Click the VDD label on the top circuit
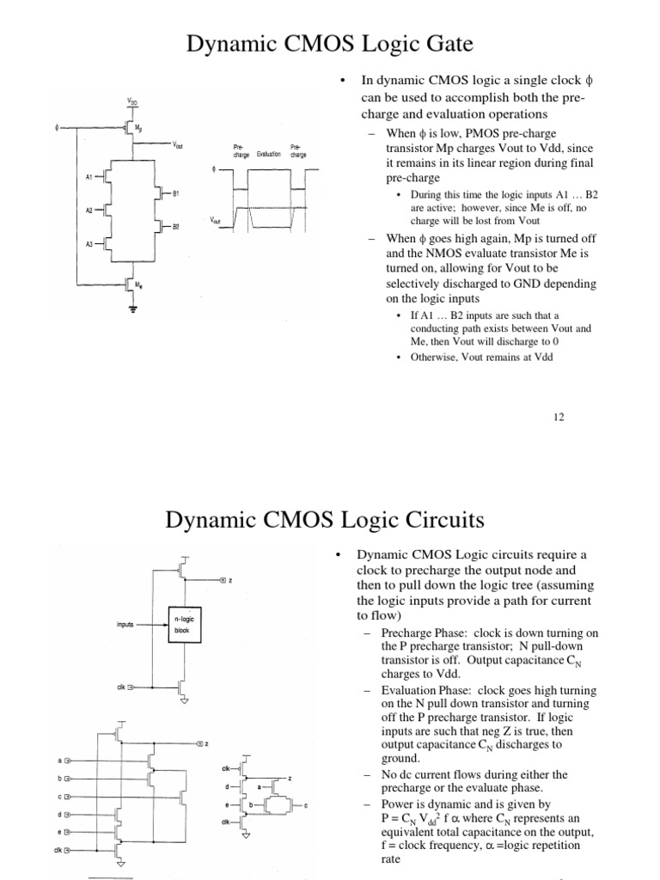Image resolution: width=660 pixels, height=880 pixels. tap(131, 101)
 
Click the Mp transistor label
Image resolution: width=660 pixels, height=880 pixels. tap(140, 126)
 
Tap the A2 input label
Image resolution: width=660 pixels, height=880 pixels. tap(89, 209)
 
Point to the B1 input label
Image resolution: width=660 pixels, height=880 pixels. tap(175, 194)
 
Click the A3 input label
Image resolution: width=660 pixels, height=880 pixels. tap(89, 244)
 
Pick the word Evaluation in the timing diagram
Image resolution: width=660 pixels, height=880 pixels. tap(269, 154)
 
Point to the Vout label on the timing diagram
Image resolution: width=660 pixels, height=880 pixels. tap(215, 221)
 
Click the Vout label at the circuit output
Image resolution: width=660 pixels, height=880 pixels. tap(178, 146)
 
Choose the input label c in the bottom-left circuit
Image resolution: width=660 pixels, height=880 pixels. tap(60, 797)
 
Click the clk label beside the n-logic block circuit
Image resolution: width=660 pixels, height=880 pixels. tap(121, 687)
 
